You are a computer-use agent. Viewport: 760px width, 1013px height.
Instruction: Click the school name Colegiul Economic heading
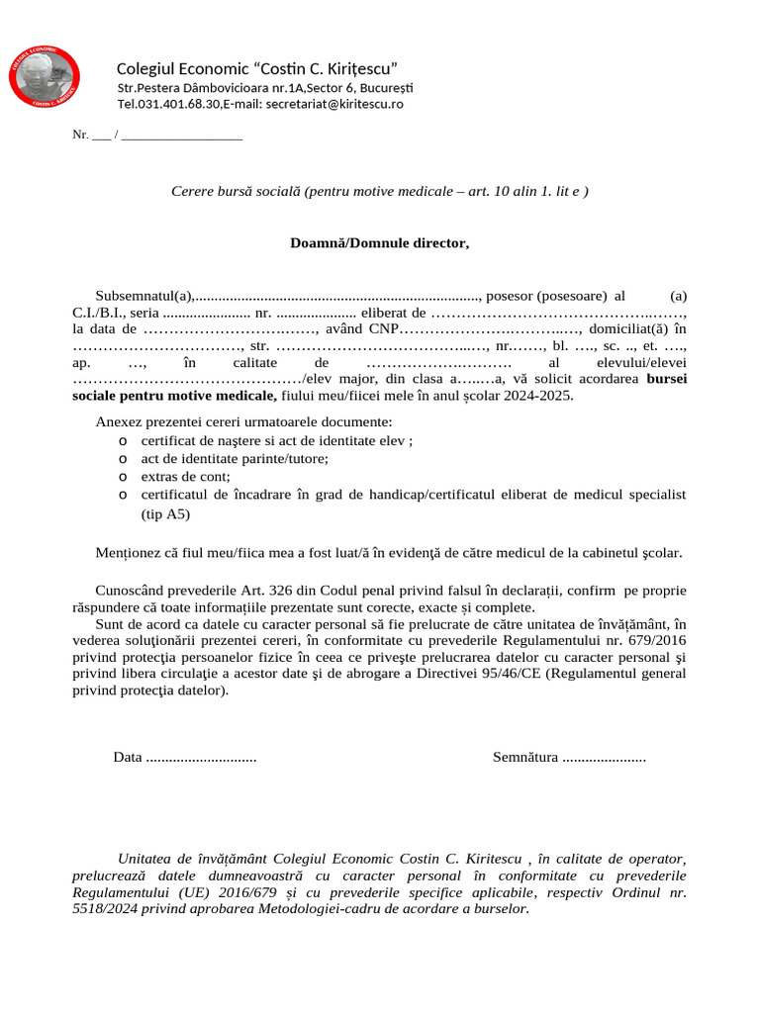257,68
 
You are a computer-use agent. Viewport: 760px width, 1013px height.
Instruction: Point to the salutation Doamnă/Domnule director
380,242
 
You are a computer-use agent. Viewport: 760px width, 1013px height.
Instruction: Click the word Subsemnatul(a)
144,296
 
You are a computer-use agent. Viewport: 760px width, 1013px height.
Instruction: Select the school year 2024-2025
537,396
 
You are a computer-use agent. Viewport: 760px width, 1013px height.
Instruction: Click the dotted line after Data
201,758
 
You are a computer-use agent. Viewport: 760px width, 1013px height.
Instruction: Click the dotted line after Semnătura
604,758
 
